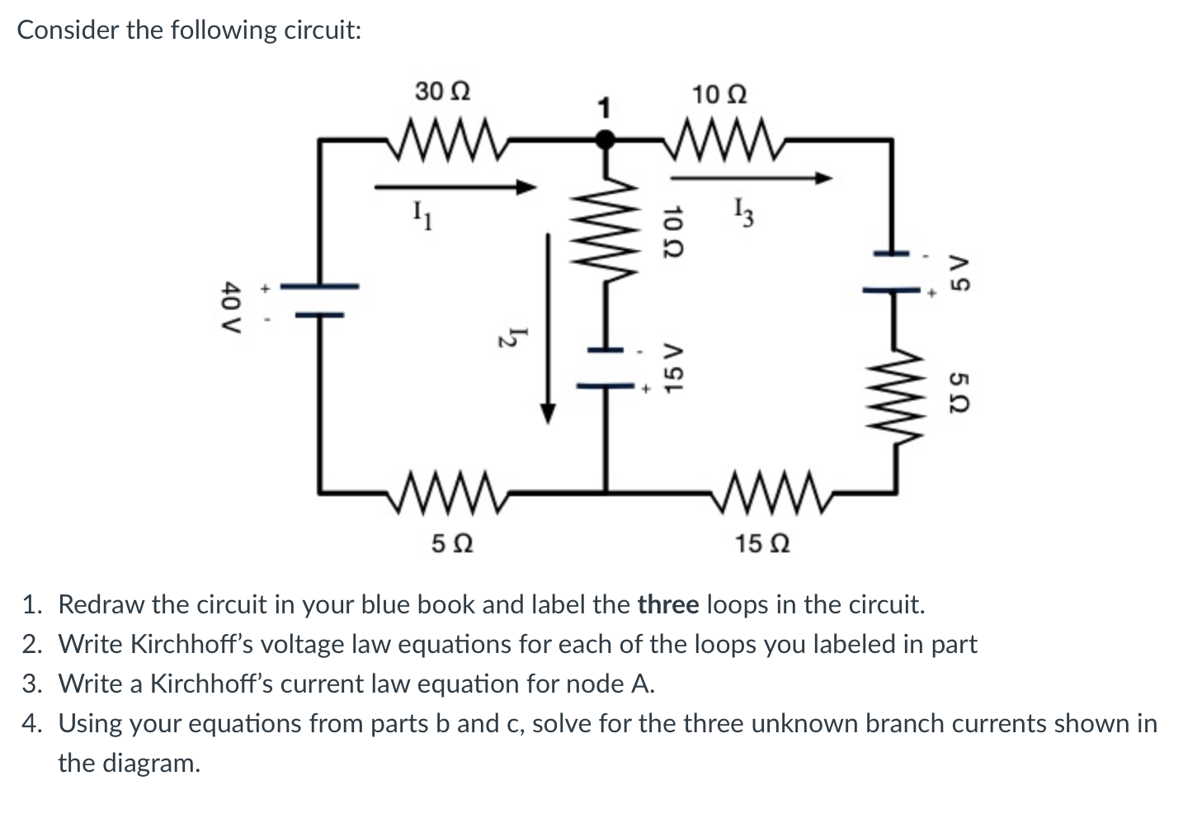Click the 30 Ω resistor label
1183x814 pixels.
click(x=442, y=91)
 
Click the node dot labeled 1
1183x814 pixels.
click(x=606, y=140)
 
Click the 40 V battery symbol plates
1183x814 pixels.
click(x=318, y=300)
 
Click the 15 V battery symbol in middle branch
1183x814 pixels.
click(x=606, y=368)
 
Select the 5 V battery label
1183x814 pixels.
click(x=959, y=272)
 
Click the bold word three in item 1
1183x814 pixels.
click(x=669, y=605)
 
